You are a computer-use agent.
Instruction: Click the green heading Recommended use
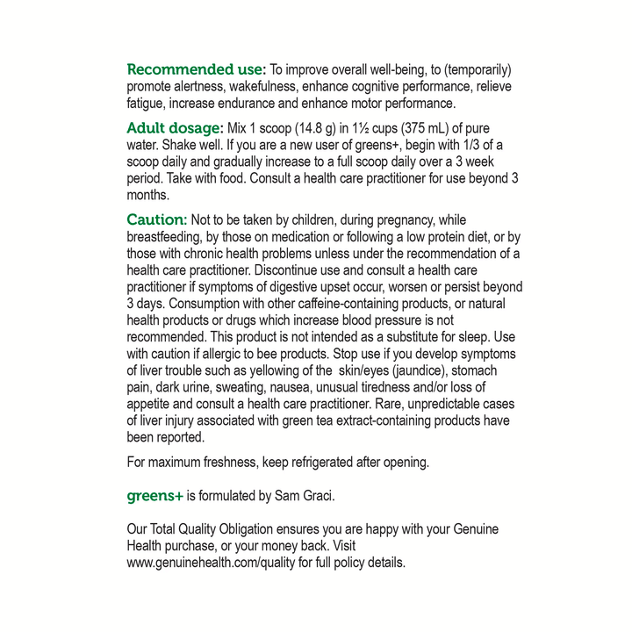point(195,69)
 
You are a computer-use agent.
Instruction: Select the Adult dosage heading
point(176,128)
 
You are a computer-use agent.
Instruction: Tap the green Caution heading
point(156,219)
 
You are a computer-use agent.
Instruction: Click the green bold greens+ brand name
point(155,496)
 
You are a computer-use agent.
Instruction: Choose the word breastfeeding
point(168,237)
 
